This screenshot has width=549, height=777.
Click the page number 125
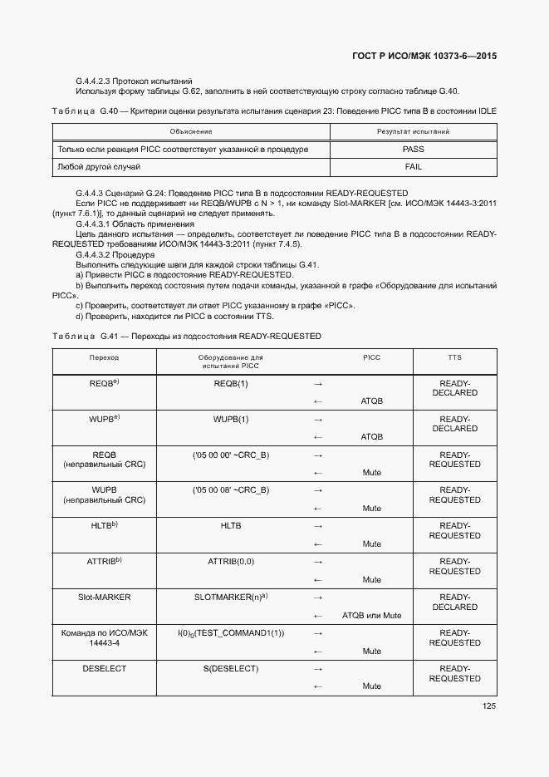(488, 706)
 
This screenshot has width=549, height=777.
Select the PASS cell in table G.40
(413, 150)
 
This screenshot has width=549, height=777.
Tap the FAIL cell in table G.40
(413, 167)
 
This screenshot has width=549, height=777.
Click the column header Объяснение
(191, 131)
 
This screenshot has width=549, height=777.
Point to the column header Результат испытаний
(413, 131)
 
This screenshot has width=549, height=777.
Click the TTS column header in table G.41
(454, 357)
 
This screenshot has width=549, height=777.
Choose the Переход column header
(104, 357)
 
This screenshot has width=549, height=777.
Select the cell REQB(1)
(231, 384)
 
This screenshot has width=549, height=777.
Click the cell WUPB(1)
(231, 420)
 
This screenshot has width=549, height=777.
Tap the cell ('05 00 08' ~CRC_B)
(231, 490)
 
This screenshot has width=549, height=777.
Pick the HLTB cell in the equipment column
(231, 526)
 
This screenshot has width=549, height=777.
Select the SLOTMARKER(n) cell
(231, 598)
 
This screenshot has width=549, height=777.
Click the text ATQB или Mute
(371, 616)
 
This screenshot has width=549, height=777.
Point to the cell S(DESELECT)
(231, 669)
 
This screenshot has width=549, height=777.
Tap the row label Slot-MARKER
(104, 598)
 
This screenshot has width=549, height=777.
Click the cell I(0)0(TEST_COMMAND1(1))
(231, 633)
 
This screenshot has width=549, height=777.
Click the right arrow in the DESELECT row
(317, 669)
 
